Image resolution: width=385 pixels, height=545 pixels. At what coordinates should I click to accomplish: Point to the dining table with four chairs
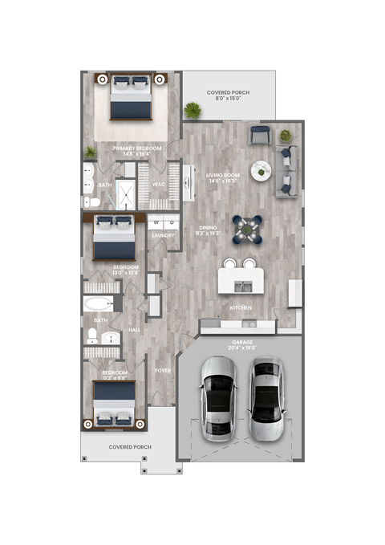[x=248, y=228]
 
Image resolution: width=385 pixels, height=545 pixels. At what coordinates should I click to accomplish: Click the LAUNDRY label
[x=163, y=235]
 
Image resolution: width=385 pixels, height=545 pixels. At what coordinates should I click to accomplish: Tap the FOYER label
[x=163, y=371]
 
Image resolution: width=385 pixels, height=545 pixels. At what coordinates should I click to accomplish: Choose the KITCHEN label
[x=242, y=307]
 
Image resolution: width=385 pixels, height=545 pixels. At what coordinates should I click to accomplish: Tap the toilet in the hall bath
[x=94, y=334]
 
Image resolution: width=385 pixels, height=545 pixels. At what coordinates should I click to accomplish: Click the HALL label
[x=135, y=329]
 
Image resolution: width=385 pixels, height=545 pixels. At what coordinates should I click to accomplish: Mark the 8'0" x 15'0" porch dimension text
[x=229, y=101]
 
